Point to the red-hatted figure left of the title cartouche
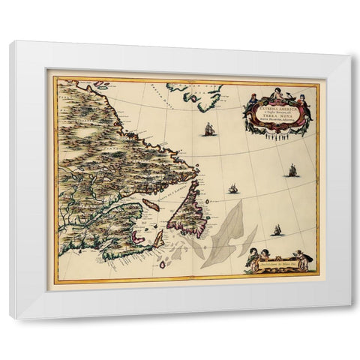[x=252, y=98]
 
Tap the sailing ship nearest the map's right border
[x=292, y=171]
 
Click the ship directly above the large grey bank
[x=233, y=188]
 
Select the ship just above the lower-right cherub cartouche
[x=277, y=229]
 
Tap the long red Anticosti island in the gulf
[x=151, y=204]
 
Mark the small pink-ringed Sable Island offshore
[x=162, y=263]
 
